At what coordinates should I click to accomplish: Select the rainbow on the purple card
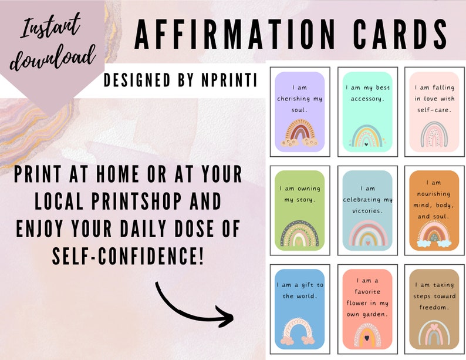coord(300,134)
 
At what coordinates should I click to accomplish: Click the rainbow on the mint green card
coord(366,135)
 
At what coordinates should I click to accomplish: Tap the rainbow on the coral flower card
coord(367,334)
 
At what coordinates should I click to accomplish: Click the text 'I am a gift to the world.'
coord(300,291)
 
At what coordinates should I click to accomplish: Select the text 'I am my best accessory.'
coord(367,93)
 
